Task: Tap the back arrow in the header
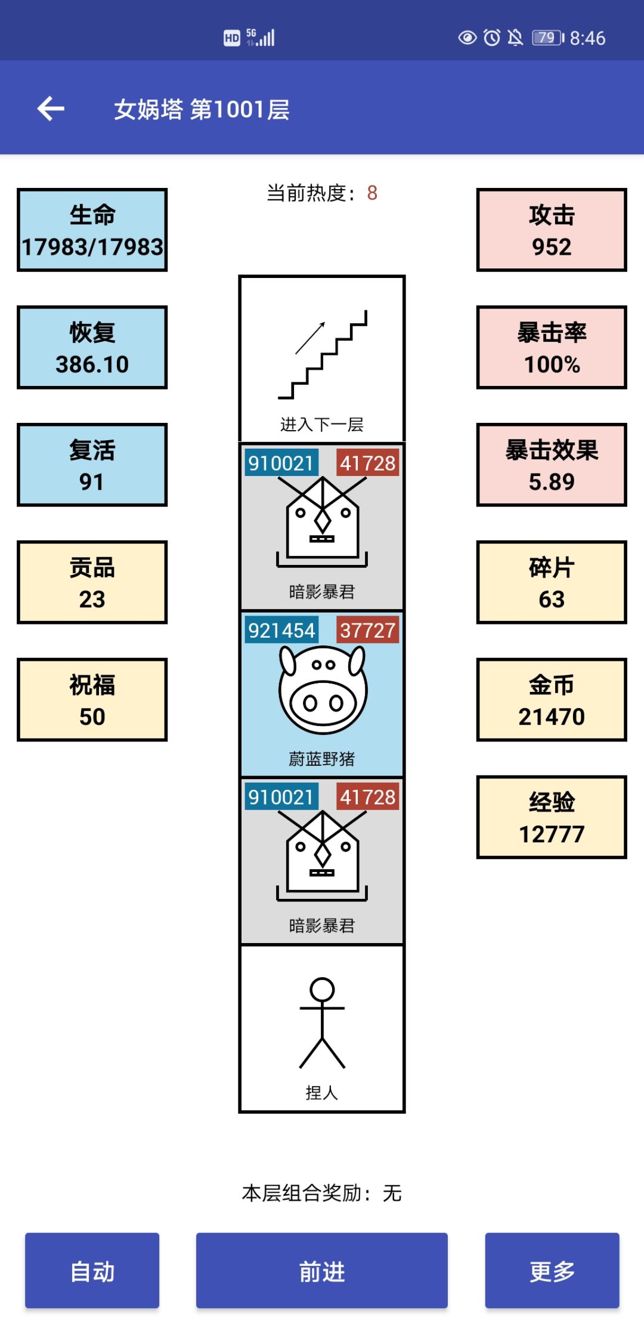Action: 51,109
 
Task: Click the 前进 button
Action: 322,1270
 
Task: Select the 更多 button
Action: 552,1270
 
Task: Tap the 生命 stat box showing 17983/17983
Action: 92,230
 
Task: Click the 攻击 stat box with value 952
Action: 552,230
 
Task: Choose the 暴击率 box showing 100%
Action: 552,348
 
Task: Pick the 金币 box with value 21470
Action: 552,700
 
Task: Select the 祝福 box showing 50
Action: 92,700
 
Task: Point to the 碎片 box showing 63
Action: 552,583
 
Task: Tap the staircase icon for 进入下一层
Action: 323,354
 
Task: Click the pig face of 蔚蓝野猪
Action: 323,690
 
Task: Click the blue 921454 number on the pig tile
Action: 281,630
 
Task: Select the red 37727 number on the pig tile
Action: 368,630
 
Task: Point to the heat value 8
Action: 372,193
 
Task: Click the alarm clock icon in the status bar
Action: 492,38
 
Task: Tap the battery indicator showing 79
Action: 548,38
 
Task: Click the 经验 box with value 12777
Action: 552,818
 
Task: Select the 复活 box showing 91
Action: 92,465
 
